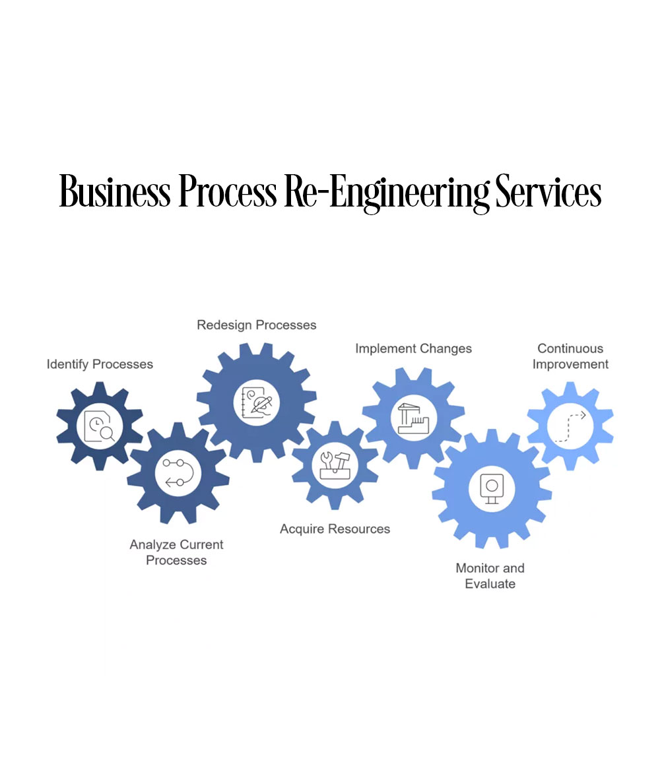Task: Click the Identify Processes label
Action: click(100, 364)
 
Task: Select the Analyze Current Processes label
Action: click(176, 552)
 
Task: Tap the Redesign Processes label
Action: click(257, 325)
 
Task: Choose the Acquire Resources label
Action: click(335, 529)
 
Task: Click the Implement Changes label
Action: click(413, 348)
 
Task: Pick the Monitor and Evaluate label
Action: click(490, 575)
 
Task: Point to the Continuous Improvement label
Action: click(570, 356)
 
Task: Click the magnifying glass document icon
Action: click(100, 426)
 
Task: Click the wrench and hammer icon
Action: click(335, 463)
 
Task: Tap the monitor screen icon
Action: click(491, 489)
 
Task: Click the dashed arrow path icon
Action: click(570, 426)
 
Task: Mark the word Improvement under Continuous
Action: click(570, 364)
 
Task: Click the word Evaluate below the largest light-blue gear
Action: click(490, 583)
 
